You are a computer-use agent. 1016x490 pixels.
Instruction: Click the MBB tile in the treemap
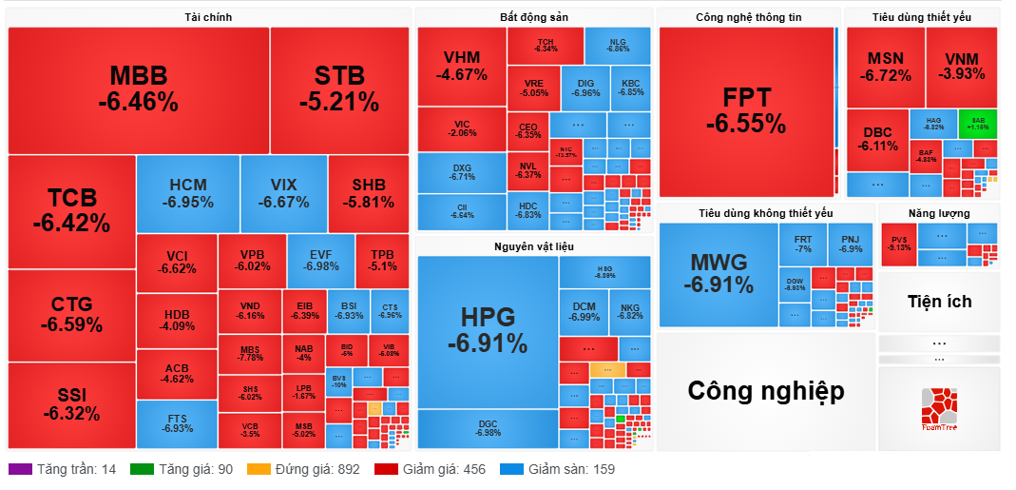(138, 89)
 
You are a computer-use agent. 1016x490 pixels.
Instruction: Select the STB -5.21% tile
(339, 89)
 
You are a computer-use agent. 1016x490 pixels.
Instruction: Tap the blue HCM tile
(187, 193)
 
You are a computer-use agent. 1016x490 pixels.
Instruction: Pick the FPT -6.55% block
(746, 110)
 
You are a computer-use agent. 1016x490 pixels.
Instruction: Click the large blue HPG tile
(488, 331)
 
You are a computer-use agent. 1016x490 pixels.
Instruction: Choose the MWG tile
(719, 273)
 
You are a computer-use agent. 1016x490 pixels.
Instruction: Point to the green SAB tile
(978, 123)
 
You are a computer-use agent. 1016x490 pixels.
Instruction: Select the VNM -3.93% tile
(962, 67)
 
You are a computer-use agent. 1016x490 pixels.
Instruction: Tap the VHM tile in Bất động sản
(462, 66)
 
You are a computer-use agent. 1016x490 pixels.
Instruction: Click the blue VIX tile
(283, 193)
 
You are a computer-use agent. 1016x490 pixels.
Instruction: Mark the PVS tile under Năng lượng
(898, 243)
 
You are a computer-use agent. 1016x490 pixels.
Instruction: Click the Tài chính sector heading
(208, 17)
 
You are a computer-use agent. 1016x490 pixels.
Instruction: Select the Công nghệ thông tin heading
(748, 17)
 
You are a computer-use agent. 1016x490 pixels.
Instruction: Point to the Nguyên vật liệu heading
(533, 246)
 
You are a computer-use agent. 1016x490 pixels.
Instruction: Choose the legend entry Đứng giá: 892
(303, 469)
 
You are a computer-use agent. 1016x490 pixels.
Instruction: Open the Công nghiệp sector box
(765, 390)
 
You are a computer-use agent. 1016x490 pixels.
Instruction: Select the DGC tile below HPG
(488, 428)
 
